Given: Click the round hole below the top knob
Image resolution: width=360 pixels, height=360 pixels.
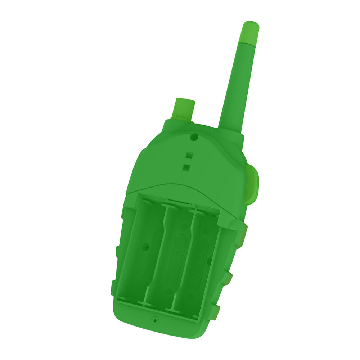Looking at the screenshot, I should tap(194, 137).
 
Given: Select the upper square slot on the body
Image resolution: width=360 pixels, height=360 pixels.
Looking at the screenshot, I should tap(189, 156).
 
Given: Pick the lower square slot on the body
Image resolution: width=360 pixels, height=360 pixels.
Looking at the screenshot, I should tap(186, 167).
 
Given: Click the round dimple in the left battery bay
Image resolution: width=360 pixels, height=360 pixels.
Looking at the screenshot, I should tap(146, 247).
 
